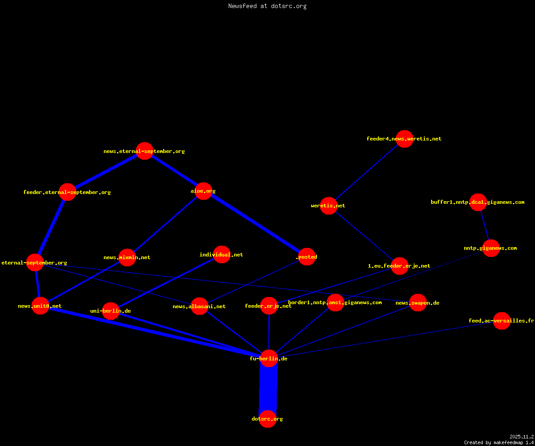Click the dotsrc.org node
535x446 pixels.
coord(267,419)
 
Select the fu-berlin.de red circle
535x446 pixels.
coord(269,358)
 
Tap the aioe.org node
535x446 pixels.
coord(203,191)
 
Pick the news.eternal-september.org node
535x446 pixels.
coord(144,151)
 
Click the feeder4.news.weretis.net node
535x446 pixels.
coord(404,139)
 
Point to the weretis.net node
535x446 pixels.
coord(329,206)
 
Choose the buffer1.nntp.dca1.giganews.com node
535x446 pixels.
coord(478,202)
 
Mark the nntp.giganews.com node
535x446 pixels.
coord(491,248)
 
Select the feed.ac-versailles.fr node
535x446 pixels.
coord(502,321)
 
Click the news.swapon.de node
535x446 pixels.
coord(418,303)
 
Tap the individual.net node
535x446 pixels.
coord(222,255)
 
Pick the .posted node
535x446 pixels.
coord(307,257)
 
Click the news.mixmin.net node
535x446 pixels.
coord(127,257)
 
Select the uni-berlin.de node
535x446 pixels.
coord(111,311)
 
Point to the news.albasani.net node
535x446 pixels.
coord(199,306)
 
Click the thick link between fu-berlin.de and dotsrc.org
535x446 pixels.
coord(268,388)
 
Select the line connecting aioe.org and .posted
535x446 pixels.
coord(255,224)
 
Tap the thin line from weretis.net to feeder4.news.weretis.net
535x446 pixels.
coord(366,172)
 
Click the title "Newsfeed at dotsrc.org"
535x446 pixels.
coord(267,6)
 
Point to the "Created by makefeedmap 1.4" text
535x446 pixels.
coord(499,443)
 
